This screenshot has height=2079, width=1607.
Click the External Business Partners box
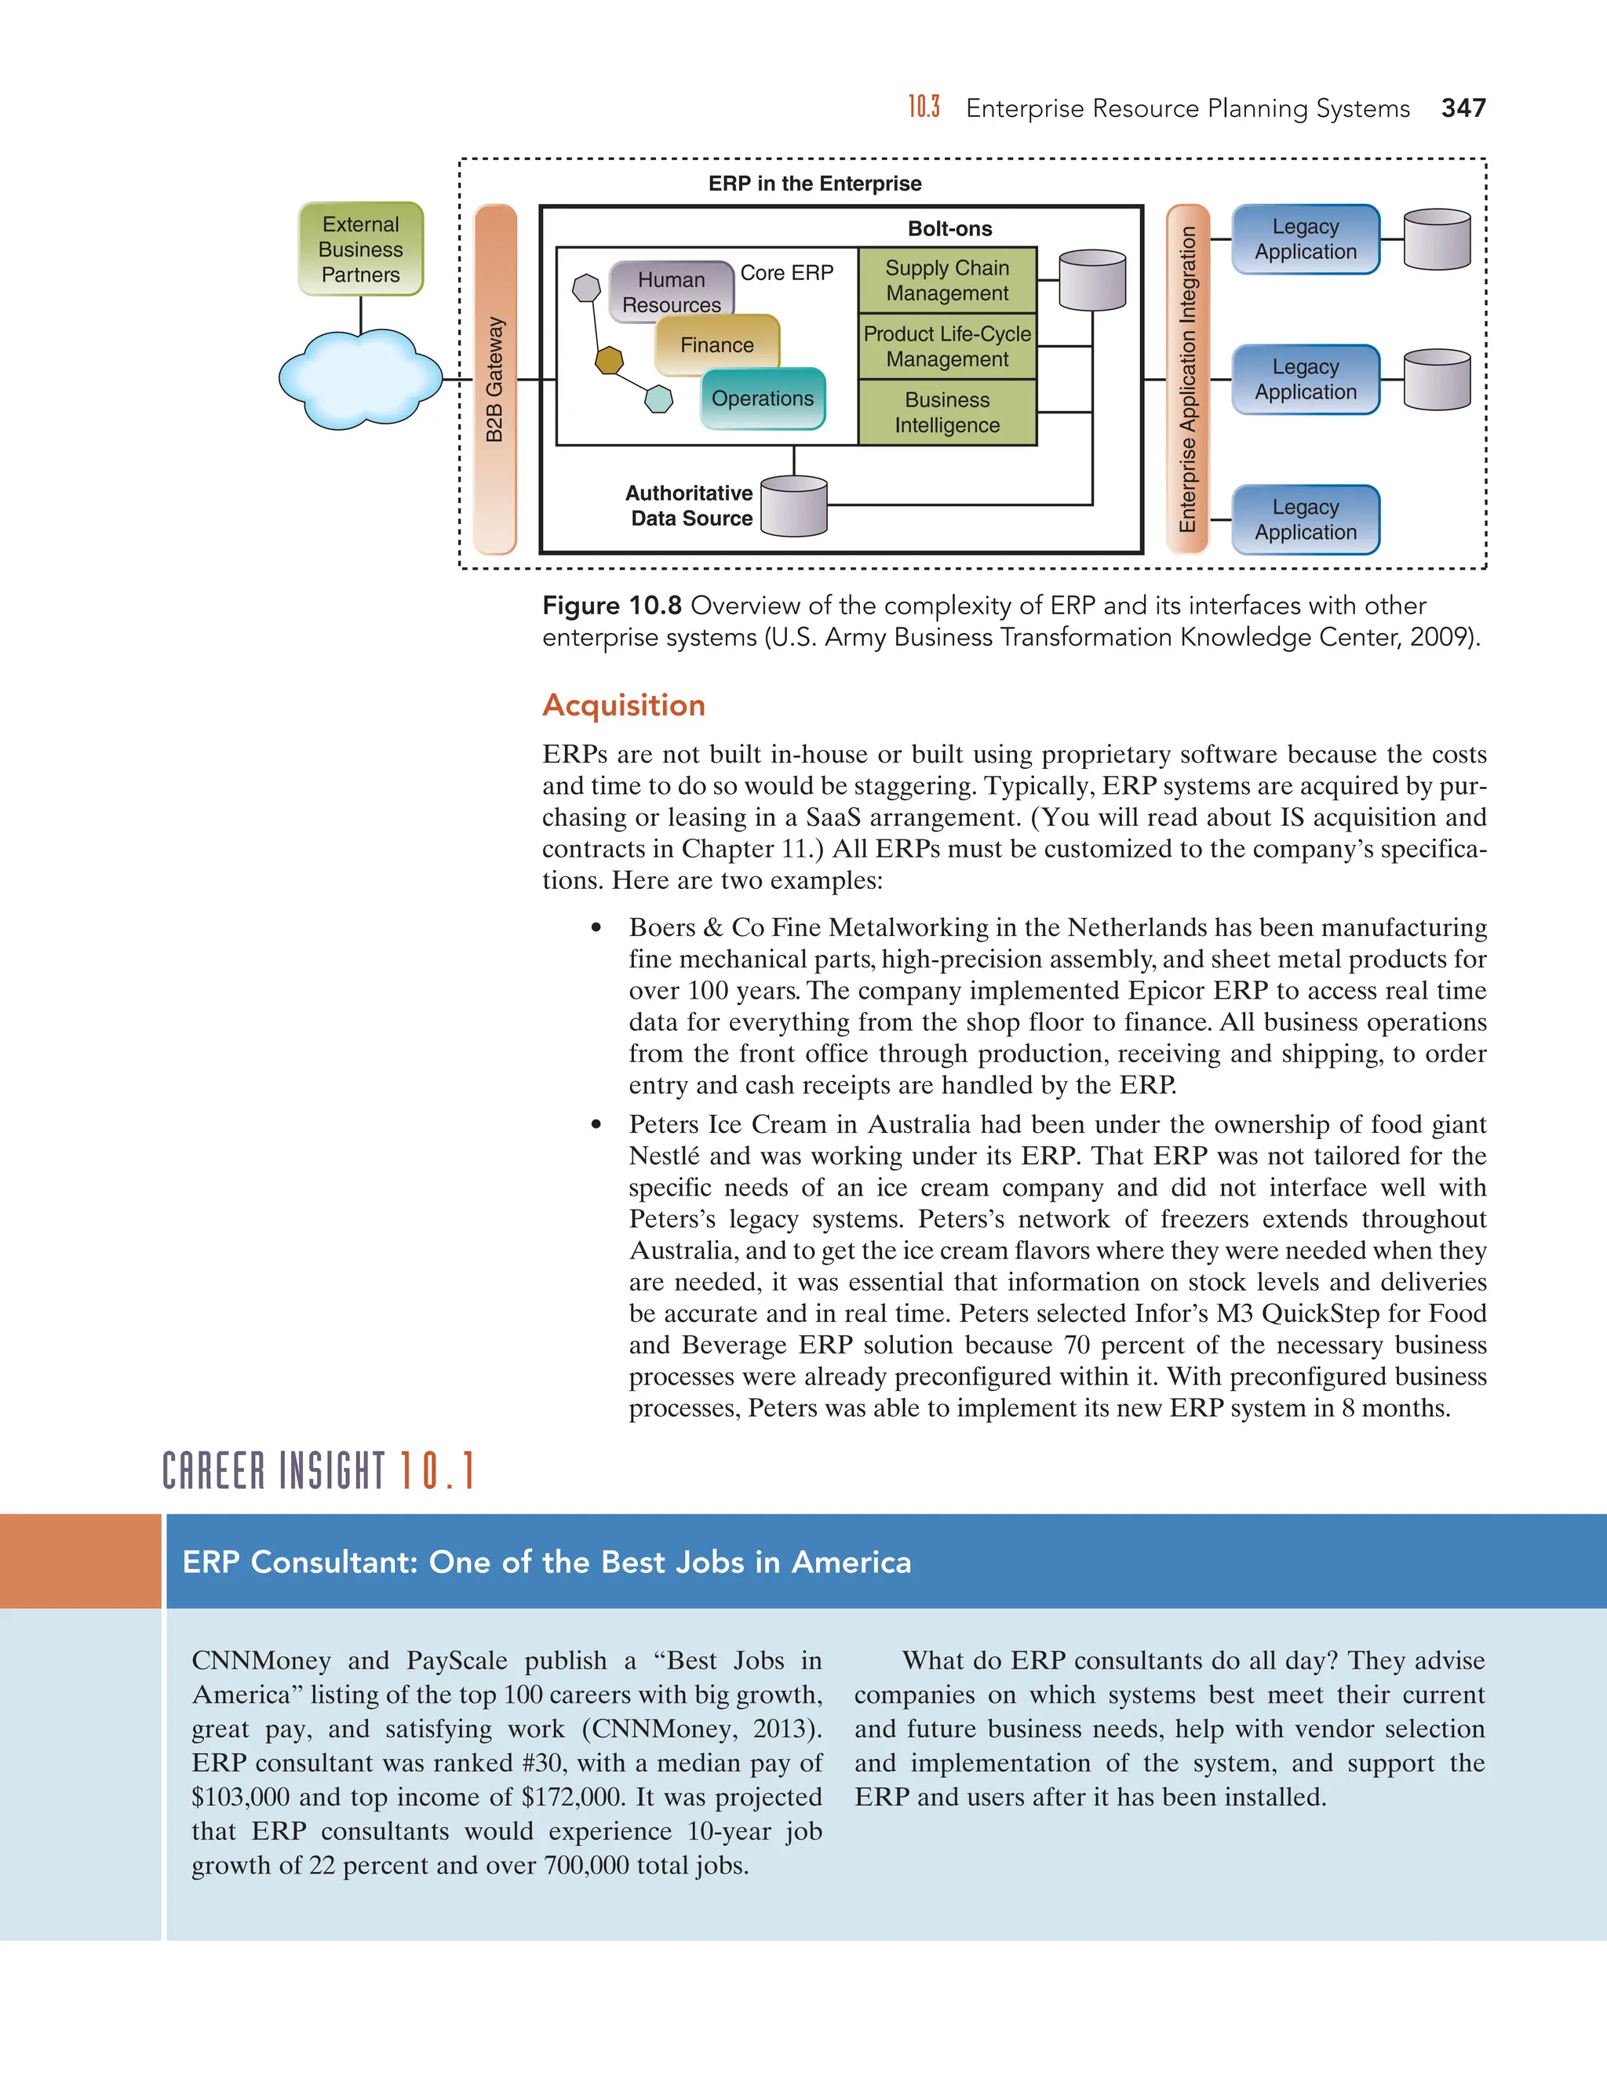[x=361, y=249]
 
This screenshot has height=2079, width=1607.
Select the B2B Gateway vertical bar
[x=495, y=379]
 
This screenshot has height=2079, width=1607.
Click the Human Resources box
[x=670, y=291]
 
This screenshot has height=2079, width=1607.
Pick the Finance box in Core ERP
[x=717, y=344]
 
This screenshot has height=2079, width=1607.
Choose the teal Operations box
[x=763, y=398]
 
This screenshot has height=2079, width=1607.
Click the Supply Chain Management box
[x=946, y=281]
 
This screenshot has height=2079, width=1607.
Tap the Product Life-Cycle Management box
[x=946, y=347]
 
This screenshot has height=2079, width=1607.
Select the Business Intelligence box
[x=946, y=412]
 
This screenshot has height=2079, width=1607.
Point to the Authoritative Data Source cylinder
[x=794, y=507]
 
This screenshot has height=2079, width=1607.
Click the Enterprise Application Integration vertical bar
[x=1187, y=379]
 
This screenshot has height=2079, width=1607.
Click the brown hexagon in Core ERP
[x=609, y=360]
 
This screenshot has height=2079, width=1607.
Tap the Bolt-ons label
[x=949, y=228]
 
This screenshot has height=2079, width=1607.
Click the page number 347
[x=1463, y=108]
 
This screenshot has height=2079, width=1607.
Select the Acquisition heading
[x=624, y=705]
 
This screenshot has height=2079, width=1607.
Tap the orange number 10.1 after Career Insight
[x=436, y=1471]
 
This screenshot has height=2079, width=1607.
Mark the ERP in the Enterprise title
[x=815, y=184]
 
